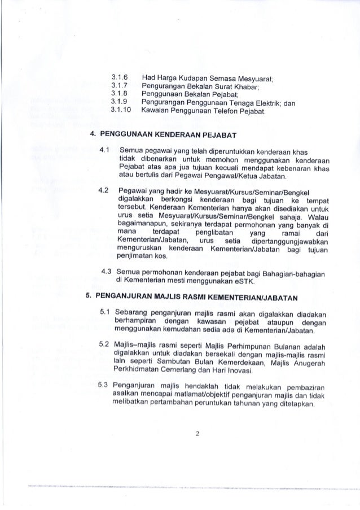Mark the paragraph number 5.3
pos(103,385)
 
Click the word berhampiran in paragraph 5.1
pos(137,321)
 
